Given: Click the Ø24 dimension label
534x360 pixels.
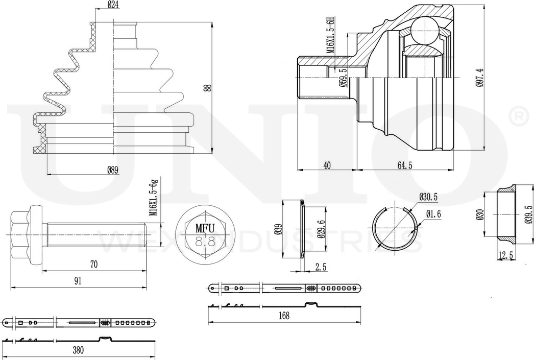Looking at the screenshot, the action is point(113,5).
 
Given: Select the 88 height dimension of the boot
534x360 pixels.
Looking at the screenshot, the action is point(209,87).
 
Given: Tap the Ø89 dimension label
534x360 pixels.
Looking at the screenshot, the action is point(113,170).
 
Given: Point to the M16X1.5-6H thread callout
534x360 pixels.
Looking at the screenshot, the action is point(330,35).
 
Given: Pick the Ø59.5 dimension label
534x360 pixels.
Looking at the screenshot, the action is point(343,78).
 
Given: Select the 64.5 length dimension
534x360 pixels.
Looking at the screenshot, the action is point(405,165).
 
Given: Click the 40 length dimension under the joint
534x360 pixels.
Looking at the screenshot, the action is point(327,165).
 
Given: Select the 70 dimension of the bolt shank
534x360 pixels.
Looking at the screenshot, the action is point(93,264).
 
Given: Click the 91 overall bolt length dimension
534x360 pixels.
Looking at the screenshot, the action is point(78,281).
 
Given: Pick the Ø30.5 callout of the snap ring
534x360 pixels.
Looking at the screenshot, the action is point(428,197).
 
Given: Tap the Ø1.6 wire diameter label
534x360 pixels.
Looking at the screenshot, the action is point(433,214).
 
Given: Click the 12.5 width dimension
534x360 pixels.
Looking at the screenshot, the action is point(505,255).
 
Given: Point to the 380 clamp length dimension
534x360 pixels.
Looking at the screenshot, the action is point(78,350).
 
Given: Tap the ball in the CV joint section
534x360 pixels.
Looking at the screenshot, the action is point(424,30).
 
